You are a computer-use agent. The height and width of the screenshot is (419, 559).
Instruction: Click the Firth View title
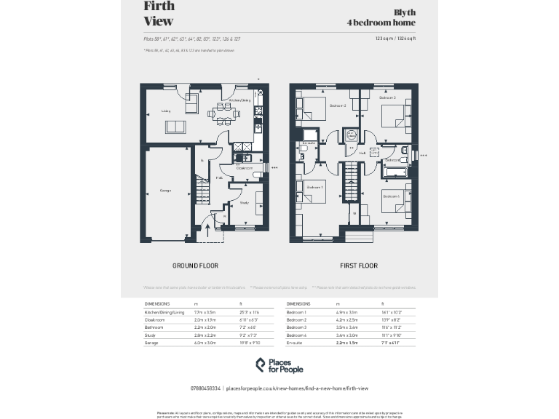click(x=159, y=14)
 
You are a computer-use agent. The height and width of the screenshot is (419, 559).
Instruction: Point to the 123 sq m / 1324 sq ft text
click(x=395, y=38)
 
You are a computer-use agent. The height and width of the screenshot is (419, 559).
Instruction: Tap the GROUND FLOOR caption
click(x=195, y=266)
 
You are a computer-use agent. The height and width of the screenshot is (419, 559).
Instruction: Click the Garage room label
click(x=164, y=191)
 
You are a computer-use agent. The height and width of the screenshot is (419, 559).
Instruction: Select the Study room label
click(x=244, y=203)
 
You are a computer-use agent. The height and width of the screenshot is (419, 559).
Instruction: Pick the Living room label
click(x=166, y=112)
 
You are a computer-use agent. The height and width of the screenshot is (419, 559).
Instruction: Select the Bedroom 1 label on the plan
click(x=314, y=187)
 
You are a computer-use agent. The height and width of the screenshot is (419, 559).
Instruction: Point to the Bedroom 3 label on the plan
click(x=337, y=106)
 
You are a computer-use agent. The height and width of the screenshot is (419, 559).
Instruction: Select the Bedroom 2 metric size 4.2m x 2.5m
click(x=344, y=319)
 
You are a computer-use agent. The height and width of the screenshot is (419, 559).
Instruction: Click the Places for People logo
click(x=279, y=365)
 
